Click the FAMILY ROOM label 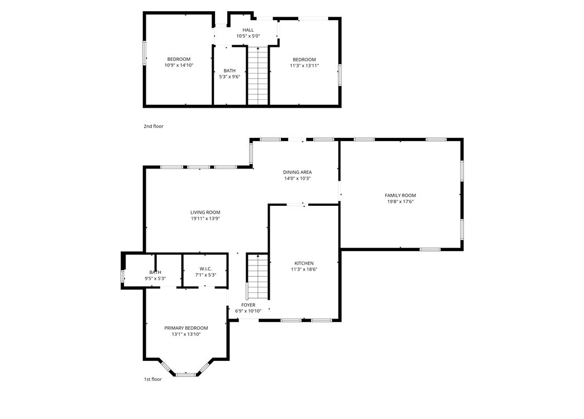tap(400, 195)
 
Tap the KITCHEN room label tap(304, 263)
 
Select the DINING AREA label tap(297, 172)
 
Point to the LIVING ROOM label tap(205, 213)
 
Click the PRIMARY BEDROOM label tap(186, 328)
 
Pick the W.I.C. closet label tap(205, 269)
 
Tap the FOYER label tap(248, 305)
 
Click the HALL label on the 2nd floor tap(248, 30)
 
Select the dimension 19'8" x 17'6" tap(400, 201)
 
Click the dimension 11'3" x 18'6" tap(304, 269)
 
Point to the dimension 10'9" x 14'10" tap(179, 65)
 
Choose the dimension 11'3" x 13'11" tap(304, 65)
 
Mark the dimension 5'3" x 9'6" tap(229, 77)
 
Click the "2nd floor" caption tap(154, 126)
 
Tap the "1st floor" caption tap(153, 379)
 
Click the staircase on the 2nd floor tap(258, 76)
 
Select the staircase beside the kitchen tap(258, 277)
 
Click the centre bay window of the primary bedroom tap(186, 374)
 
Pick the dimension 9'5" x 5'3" tap(155, 278)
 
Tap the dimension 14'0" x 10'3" tap(297, 179)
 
